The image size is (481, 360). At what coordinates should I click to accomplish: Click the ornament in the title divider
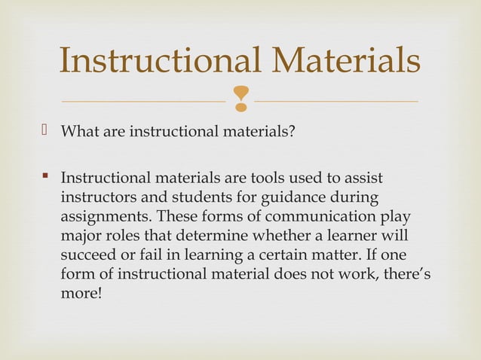pyautogui.click(x=240, y=99)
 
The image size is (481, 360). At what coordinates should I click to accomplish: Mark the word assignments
pyautogui.click(x=102, y=216)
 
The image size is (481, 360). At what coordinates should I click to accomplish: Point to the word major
pyautogui.click(x=78, y=235)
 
